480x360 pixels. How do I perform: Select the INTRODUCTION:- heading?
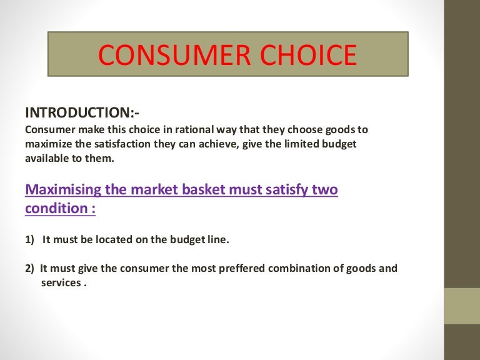pyautogui.click(x=82, y=113)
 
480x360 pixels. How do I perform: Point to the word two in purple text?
pyautogui.click(x=324, y=189)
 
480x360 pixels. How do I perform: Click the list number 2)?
pyautogui.click(x=30, y=268)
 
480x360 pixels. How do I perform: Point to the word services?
pyautogui.click(x=60, y=282)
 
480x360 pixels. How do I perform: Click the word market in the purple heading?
pyautogui.click(x=149, y=189)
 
